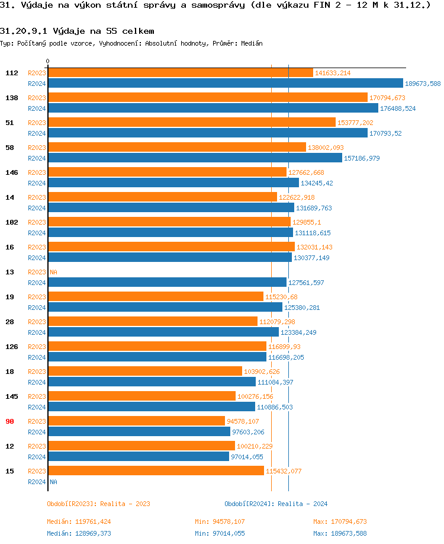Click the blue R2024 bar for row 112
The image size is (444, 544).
pyautogui.click(x=225, y=84)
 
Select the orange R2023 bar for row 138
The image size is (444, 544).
pyautogui.click(x=207, y=97)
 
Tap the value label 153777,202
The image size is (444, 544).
pyautogui.click(x=355, y=123)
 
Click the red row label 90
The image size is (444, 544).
pyautogui.click(x=10, y=421)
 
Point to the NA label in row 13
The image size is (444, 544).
pyautogui.click(x=53, y=272)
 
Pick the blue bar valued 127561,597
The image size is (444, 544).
pyautogui.click(x=167, y=283)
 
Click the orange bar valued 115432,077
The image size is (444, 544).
pyautogui.click(x=156, y=471)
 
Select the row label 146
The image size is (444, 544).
pyautogui.click(x=12, y=172)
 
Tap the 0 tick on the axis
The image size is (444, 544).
pyautogui.click(x=48, y=61)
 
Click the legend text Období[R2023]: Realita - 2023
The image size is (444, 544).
pyautogui.click(x=98, y=504)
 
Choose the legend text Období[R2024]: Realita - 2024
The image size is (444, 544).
pyautogui.click(x=276, y=504)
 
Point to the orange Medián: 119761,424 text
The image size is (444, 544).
pyautogui.click(x=79, y=521)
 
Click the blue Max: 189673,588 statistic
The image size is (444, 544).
pyautogui.click(x=340, y=533)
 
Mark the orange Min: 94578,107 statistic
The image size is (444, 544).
pyautogui.click(x=220, y=521)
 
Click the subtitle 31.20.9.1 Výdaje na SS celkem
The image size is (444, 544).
pyautogui.click(x=77, y=31)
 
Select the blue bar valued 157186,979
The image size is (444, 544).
pyautogui.click(x=195, y=158)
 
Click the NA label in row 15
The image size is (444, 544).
pyautogui.click(x=53, y=482)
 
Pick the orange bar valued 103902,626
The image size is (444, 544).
pyautogui.click(x=145, y=371)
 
